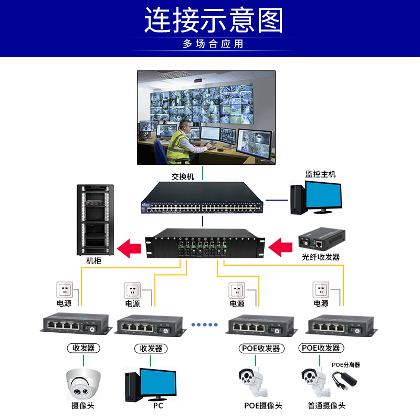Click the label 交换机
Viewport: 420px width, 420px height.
183,177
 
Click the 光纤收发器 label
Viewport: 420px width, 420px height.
321,257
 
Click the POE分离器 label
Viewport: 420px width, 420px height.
345,365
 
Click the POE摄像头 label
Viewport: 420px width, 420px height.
263,406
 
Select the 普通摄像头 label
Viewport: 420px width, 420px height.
327,406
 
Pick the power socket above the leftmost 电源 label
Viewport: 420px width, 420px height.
64,289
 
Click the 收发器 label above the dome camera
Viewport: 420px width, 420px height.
83,348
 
